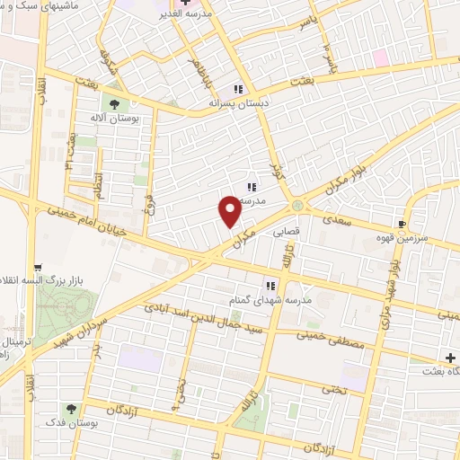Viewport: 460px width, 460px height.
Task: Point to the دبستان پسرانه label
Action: coord(239,103)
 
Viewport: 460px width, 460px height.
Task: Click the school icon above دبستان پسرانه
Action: coord(239,89)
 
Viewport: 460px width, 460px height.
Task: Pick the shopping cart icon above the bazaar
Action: coord(39,267)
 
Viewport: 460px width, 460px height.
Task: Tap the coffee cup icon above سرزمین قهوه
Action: coord(403,224)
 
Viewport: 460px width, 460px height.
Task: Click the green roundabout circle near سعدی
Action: coord(296,208)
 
